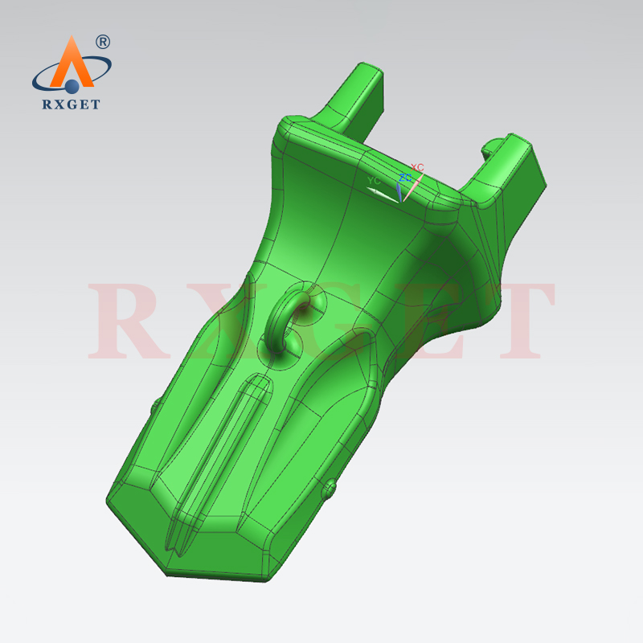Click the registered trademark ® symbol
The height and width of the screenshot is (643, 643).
point(103,41)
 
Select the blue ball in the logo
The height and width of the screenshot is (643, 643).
point(72,84)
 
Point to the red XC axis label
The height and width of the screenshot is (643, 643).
point(417,167)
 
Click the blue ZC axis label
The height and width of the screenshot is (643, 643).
point(405,177)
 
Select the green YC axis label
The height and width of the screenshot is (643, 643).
point(373,181)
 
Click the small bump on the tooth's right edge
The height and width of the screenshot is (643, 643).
point(330,488)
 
